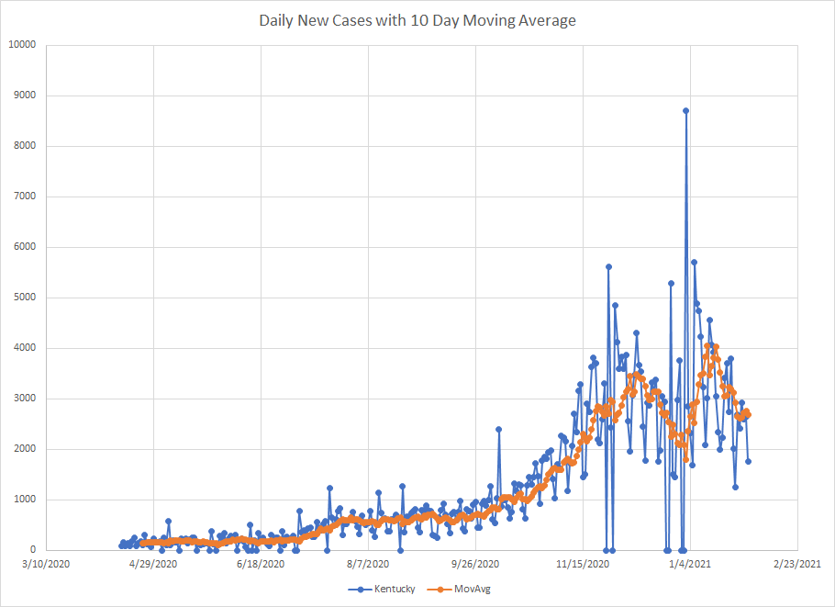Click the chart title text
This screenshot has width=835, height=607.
tap(417, 19)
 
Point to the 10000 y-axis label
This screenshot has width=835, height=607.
tap(22, 45)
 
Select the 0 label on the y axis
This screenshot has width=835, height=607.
tap(33, 550)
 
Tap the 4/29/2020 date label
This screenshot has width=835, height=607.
tap(153, 563)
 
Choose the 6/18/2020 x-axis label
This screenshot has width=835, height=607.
tap(262, 563)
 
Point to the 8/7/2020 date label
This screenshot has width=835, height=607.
tap(369, 563)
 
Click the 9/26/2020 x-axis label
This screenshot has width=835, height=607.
tap(476, 563)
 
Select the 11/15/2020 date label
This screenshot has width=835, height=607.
tap(584, 563)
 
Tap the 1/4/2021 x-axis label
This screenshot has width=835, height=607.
tap(691, 563)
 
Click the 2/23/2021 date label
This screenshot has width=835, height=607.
tap(798, 563)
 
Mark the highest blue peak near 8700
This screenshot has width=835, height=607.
tap(685, 110)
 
